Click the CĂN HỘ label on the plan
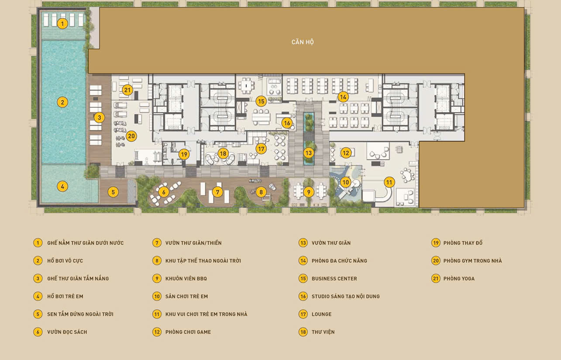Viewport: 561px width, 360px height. pos(303,42)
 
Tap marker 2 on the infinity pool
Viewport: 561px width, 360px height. pos(62,102)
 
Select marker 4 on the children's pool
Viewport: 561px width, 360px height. pos(62,186)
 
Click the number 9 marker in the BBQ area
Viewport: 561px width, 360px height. pos(309,192)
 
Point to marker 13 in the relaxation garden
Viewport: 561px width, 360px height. pos(309,153)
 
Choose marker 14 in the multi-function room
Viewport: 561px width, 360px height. pos(343,97)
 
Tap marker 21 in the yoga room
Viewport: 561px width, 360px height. pos(127,90)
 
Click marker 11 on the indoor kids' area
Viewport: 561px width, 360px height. pos(389,182)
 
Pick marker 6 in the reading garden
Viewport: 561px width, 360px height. pos(164,192)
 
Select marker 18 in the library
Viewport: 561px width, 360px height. pos(223,153)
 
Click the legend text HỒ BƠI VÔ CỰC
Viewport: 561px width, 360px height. pos(65,261)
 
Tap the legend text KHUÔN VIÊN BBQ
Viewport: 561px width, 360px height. pos(186,278)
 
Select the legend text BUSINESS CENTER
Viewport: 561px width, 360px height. pos(334,278)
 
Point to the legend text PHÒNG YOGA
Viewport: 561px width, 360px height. pos(459,278)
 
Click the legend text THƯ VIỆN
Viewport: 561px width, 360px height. pos(323,332)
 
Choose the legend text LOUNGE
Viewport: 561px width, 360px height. pos(322,314)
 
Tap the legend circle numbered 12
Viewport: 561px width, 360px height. pos(157,332)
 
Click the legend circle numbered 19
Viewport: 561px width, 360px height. pos(436,243)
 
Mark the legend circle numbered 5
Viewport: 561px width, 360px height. pos(38,314)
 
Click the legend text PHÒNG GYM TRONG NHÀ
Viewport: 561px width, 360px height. pos(472,261)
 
